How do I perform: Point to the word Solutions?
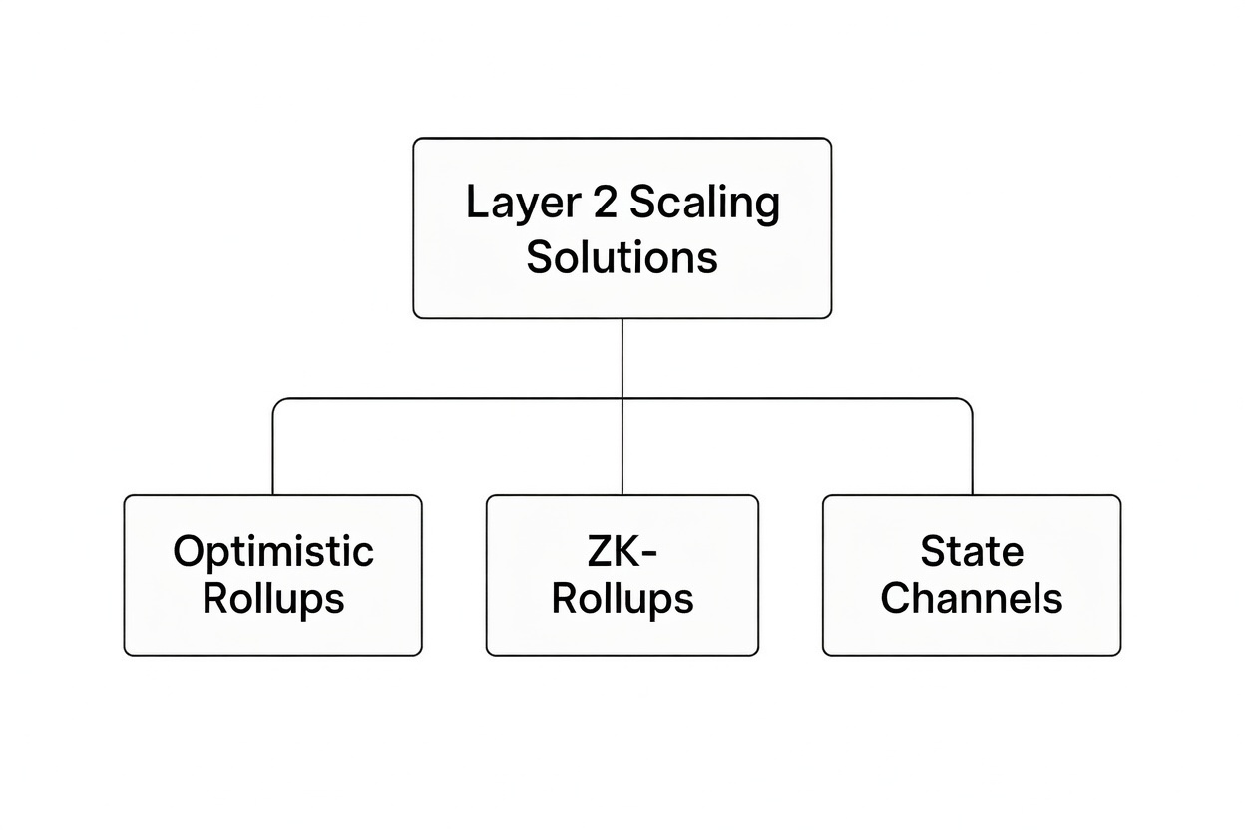point(622,257)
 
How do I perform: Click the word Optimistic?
point(272,552)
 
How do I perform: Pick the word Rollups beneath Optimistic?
point(272,598)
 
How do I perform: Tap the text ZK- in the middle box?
point(622,551)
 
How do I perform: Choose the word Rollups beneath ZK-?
point(622,598)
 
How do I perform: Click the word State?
point(971,551)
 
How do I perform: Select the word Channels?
point(971,598)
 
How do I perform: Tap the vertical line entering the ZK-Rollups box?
point(622,449)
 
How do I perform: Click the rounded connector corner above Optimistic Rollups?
point(276,402)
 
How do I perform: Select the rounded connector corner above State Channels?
point(968,402)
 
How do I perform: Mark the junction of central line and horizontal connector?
point(622,399)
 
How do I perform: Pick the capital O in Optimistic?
point(188,551)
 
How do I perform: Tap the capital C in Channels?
point(897,598)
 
